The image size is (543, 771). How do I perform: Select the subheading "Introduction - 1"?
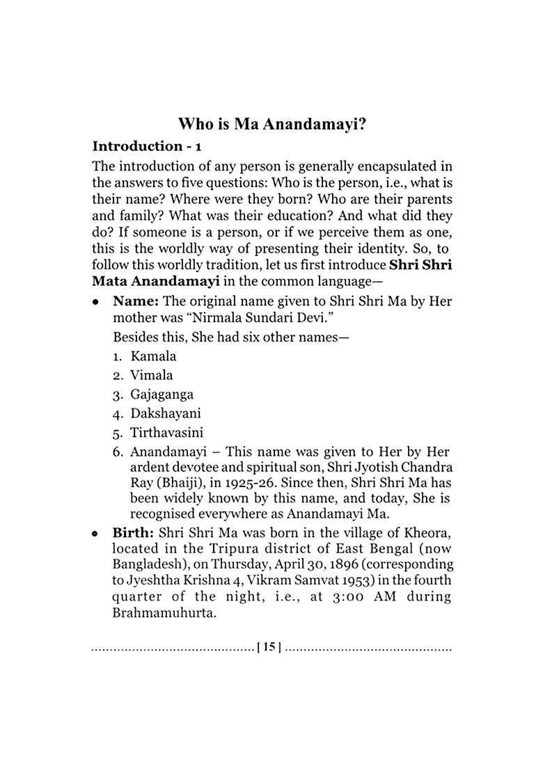pos(147,146)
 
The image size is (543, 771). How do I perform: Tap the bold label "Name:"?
pos(136,302)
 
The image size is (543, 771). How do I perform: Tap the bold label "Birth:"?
pos(135,532)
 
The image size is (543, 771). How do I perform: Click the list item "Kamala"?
pos(153,356)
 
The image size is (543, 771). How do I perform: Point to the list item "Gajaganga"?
pos(162,395)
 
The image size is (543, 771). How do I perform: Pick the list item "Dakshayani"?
pos(166,413)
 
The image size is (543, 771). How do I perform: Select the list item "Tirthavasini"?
pos(167,432)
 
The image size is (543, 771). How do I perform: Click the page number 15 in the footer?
pos(269,647)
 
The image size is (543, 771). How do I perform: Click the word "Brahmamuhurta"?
pos(155,613)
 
